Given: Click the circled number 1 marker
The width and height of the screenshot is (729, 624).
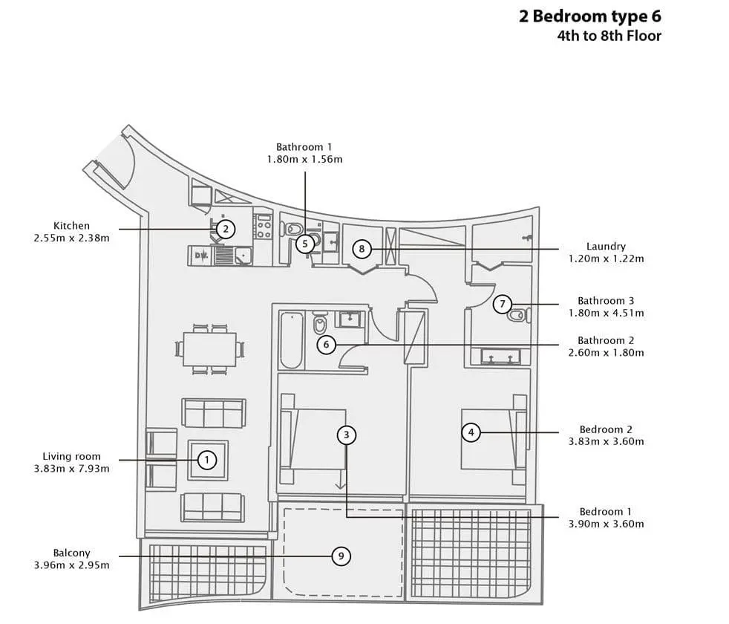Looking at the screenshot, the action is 207,461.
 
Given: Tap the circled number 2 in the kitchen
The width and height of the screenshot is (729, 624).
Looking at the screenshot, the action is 226,229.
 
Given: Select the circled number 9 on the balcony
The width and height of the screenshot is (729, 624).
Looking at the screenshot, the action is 341,556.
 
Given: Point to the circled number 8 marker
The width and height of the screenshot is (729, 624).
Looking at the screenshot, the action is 362,249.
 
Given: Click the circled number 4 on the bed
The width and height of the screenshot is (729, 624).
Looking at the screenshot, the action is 471,432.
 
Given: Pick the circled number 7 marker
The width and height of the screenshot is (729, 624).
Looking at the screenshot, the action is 502,305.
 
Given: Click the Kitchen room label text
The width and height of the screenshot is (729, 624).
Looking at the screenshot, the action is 71,226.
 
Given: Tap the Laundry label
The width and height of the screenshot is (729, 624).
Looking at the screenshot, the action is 606,247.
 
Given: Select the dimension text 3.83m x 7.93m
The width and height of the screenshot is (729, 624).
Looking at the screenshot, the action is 71,469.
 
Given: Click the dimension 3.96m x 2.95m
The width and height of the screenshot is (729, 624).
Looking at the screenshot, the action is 71,565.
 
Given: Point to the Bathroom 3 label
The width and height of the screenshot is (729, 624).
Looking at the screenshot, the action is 606,301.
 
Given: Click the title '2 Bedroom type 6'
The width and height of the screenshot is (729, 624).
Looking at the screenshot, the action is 590,16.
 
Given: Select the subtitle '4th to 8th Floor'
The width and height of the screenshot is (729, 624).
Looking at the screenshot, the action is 609,36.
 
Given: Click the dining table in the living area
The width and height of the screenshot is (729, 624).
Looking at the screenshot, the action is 209,349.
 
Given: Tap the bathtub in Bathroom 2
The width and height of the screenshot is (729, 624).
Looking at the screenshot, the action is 292,340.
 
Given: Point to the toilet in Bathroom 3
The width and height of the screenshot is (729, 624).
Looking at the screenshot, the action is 519,315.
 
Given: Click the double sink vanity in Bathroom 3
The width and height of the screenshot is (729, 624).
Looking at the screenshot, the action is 500,357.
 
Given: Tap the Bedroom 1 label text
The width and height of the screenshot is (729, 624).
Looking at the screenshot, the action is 606,512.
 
